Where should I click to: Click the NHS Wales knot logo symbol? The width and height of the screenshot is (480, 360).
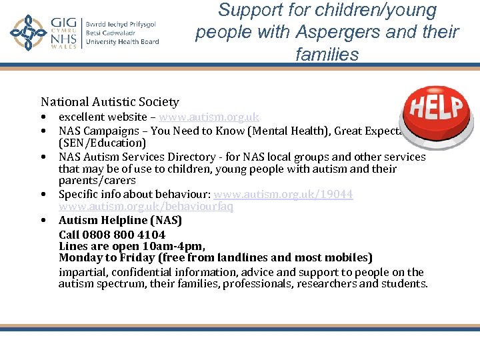pos(27,33)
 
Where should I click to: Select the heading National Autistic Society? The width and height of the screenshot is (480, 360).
pos(110,102)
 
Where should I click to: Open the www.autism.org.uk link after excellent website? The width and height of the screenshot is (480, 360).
pos(209,117)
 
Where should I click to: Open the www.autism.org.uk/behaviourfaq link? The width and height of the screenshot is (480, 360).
pos(146,207)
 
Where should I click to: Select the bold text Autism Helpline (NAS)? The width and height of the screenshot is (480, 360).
pos(120,220)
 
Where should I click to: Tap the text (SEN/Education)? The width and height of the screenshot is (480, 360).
pos(102,143)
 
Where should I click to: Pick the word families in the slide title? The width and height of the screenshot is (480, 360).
pos(327,54)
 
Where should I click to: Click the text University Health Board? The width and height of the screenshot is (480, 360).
pos(122,42)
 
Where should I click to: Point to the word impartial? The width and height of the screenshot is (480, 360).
pos(82,272)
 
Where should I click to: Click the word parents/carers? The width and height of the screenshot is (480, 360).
pos(97,181)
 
